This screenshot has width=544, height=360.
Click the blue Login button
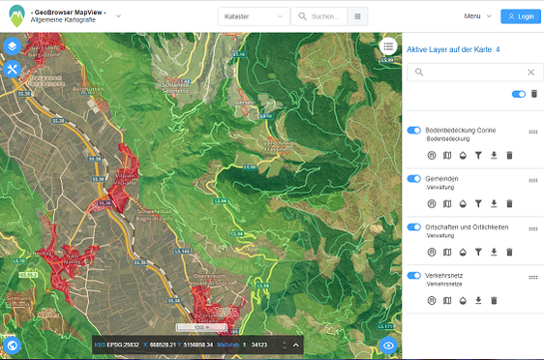pyautogui.click(x=521, y=16)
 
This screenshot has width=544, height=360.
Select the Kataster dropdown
pyautogui.click(x=253, y=16)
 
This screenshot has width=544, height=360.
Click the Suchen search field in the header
pyautogui.click(x=322, y=16)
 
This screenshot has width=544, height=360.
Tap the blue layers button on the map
pyautogui.click(x=12, y=46)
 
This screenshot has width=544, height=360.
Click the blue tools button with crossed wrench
pyautogui.click(x=12, y=70)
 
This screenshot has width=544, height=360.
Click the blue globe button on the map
pyautogui.click(x=12, y=344)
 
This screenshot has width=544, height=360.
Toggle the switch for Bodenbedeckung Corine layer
pyautogui.click(x=414, y=130)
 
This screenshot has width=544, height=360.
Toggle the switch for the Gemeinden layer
pyautogui.click(x=414, y=179)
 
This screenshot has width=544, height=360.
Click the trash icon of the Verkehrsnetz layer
pyautogui.click(x=494, y=301)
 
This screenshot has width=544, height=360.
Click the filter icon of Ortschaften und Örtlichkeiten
pyautogui.click(x=478, y=252)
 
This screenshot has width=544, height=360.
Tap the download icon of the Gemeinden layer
pyautogui.click(x=494, y=203)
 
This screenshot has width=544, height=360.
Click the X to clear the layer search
pyautogui.click(x=530, y=72)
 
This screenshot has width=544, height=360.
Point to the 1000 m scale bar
pyautogui.click(x=190, y=327)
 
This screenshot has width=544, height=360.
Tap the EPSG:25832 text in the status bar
pyautogui.click(x=124, y=344)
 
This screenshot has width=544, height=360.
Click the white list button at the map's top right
pyautogui.click(x=388, y=45)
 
